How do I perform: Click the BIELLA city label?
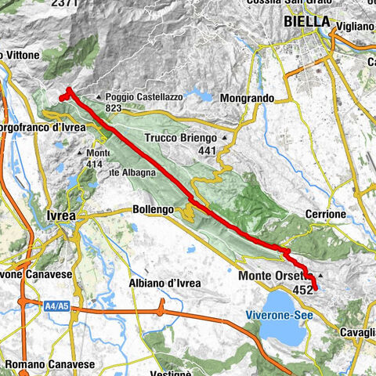click(x=306, y=22)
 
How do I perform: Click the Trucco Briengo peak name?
click(x=182, y=139)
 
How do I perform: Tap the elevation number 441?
click(x=207, y=151)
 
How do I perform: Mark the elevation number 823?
click(x=114, y=108)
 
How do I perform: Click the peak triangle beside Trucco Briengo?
click(x=226, y=139)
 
